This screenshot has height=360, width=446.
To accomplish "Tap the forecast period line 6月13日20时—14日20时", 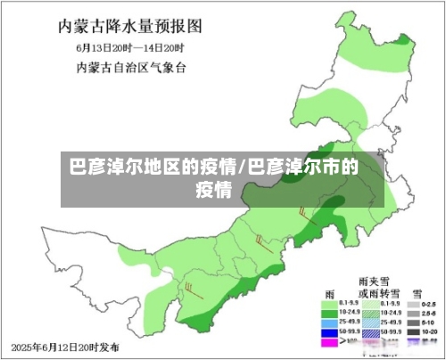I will click(122, 46).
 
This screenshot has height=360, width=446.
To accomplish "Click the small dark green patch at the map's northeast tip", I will click(403, 41).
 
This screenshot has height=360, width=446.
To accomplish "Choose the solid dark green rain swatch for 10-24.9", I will click(327, 313).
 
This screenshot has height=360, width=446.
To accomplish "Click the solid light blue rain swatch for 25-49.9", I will click(327, 323).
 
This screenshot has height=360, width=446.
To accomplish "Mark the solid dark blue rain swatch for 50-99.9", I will click(327, 332).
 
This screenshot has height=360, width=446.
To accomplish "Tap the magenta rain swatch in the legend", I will click(327, 341).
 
